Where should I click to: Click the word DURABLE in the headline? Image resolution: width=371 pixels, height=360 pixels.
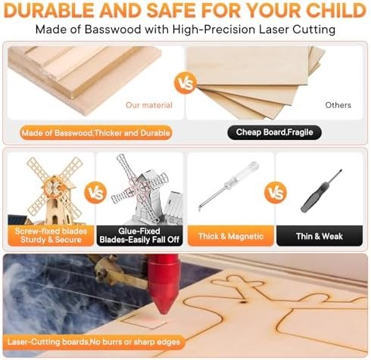click(49, 11)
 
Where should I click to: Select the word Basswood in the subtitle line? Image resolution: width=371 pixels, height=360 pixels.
click(113, 29)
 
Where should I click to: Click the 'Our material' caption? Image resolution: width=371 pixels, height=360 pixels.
click(149, 105)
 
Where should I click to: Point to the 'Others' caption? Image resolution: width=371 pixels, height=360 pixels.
click(338, 105)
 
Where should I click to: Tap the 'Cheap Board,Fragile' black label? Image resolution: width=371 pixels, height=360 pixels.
click(274, 132)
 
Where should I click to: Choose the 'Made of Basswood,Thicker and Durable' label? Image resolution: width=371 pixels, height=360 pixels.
click(96, 133)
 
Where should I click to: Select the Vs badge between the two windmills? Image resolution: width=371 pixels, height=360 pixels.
click(95, 193)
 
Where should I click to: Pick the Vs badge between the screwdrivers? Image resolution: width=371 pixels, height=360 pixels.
click(276, 193)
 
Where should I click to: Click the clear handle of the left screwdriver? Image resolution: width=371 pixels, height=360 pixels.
click(243, 175)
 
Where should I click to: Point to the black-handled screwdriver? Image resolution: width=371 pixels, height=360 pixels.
click(321, 191)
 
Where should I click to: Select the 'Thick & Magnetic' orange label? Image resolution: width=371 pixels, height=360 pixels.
click(231, 236)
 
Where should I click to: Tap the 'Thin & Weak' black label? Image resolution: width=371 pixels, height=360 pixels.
click(320, 236)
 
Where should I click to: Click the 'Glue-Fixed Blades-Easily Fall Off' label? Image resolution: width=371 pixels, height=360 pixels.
click(139, 235)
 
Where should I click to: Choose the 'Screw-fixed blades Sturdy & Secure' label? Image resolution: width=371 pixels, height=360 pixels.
click(51, 235)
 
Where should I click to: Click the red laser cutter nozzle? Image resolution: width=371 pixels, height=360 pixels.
click(163, 282)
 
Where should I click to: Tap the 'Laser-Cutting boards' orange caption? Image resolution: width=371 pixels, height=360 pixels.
click(94, 342)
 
